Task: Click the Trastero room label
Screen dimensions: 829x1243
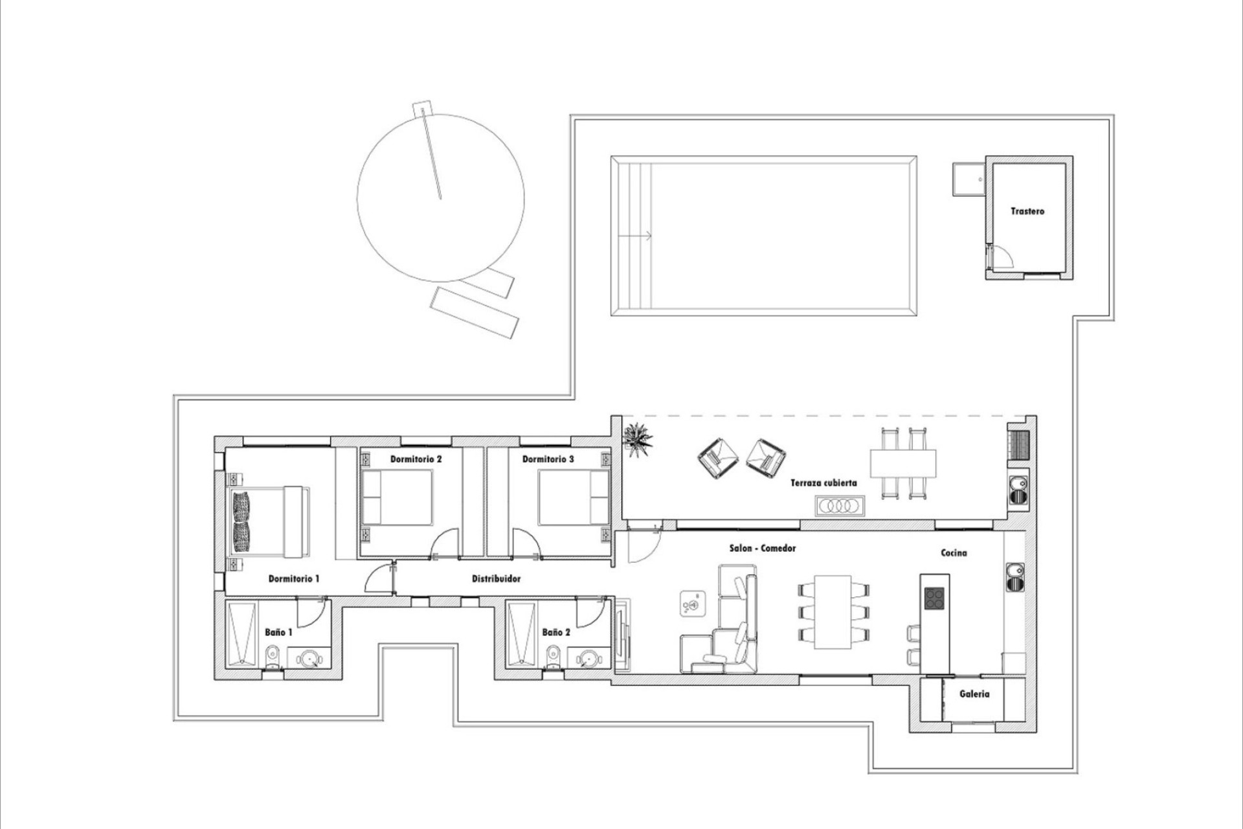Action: (1027, 211)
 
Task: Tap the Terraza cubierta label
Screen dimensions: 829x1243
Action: (823, 483)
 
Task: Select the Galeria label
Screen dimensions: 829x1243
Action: (974, 694)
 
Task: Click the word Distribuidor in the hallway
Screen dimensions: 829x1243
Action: (496, 578)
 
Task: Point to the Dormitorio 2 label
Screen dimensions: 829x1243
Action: (416, 459)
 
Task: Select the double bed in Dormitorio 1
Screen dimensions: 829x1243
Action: (269, 521)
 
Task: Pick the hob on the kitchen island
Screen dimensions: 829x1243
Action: (934, 597)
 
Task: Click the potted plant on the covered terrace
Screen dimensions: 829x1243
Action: (638, 440)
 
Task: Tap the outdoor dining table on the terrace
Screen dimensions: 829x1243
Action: (903, 462)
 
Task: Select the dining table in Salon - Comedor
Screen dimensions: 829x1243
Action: (833, 611)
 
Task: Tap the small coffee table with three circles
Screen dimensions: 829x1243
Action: (840, 506)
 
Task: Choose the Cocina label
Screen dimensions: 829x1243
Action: (954, 552)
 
